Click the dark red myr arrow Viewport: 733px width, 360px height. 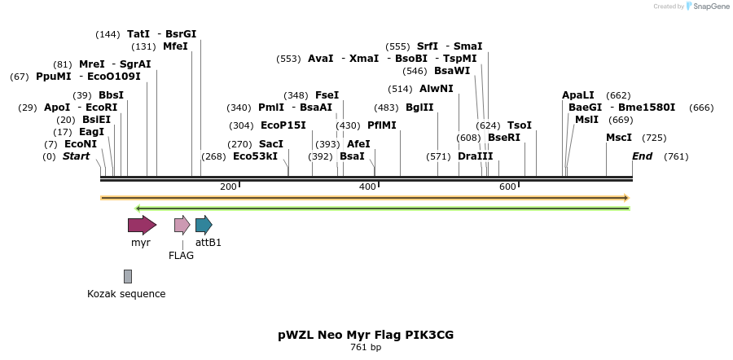click(x=142, y=225)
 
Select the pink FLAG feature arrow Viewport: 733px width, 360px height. click(x=182, y=225)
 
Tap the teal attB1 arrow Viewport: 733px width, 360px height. click(x=204, y=225)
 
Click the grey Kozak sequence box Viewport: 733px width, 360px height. click(x=128, y=277)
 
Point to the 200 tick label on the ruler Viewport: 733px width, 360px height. click(x=229, y=187)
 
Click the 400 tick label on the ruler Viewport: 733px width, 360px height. click(x=367, y=187)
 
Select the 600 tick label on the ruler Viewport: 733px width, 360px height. click(x=507, y=187)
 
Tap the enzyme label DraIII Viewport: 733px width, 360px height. click(x=476, y=156)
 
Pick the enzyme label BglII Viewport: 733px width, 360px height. click(x=419, y=107)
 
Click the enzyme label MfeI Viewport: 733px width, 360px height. click(x=175, y=46)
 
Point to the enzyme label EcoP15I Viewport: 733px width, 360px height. click(x=283, y=125)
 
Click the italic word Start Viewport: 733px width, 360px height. click(x=77, y=156)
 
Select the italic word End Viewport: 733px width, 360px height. click(x=642, y=156)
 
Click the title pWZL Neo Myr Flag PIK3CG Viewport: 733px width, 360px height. click(x=365, y=335)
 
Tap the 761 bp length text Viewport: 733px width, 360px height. click(x=366, y=348)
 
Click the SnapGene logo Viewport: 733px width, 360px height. click(x=708, y=7)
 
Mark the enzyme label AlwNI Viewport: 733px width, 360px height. click(x=437, y=88)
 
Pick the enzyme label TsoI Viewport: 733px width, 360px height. click(x=520, y=125)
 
